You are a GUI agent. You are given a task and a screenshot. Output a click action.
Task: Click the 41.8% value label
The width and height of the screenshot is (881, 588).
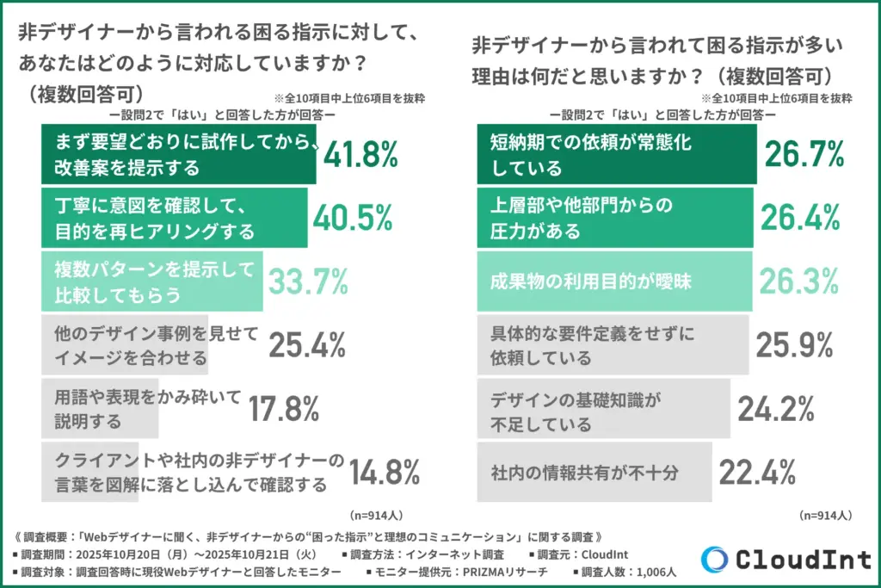coord(360,155)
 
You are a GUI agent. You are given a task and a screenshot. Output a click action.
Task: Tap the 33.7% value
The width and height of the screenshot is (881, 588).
coord(308,282)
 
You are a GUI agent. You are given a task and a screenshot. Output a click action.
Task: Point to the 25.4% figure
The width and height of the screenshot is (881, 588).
coord(307,344)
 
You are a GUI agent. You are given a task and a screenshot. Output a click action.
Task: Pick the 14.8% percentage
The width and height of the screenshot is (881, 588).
coord(385,472)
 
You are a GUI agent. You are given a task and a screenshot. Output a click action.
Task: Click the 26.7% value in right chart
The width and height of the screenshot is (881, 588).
coord(802,155)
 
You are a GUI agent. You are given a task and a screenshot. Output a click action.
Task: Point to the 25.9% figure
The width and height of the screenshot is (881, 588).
coord(794,344)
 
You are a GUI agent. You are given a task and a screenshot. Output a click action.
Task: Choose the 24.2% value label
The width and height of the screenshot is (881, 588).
coord(776,408)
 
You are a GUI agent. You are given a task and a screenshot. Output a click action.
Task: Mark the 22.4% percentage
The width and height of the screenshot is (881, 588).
coord(757,472)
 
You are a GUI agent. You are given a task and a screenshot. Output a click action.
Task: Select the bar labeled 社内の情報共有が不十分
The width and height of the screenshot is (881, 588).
coord(595,472)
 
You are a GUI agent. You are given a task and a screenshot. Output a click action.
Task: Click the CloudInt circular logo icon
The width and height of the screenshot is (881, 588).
coord(714,558)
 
